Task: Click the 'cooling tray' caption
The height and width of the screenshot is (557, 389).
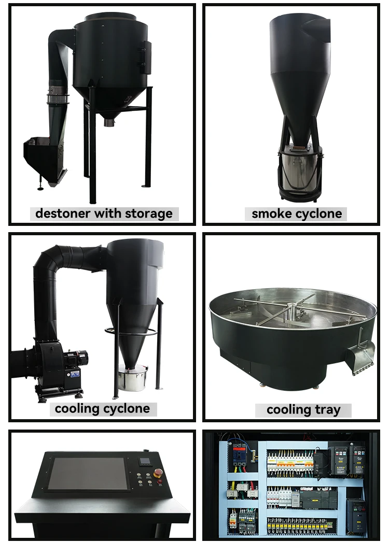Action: coord(303,410)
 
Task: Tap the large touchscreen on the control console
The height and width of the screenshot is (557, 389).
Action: coord(86,474)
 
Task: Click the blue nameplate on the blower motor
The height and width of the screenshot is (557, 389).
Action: coord(75,373)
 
